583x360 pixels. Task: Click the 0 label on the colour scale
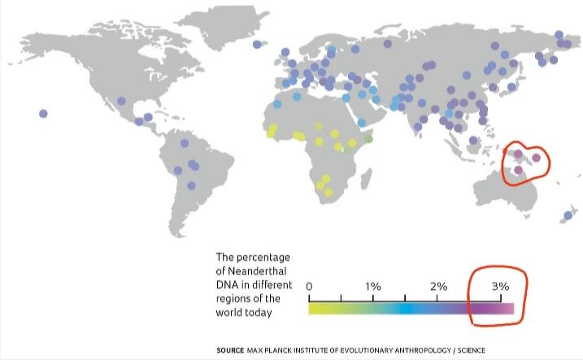pyautogui.click(x=310, y=287)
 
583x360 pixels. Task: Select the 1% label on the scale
pyautogui.click(x=373, y=287)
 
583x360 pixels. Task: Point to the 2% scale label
pyautogui.click(x=437, y=287)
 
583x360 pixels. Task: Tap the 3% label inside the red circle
pyautogui.click(x=500, y=287)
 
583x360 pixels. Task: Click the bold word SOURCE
pyautogui.click(x=229, y=349)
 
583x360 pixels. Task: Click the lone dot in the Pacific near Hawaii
pyautogui.click(x=43, y=114)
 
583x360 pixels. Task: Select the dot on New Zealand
pyautogui.click(x=568, y=215)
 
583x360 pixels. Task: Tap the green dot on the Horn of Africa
pyautogui.click(x=368, y=140)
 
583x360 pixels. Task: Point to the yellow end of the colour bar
pyautogui.click(x=313, y=309)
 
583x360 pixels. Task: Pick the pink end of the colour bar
pyautogui.click(x=509, y=309)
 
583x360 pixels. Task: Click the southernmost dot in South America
pyautogui.click(x=191, y=185)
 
